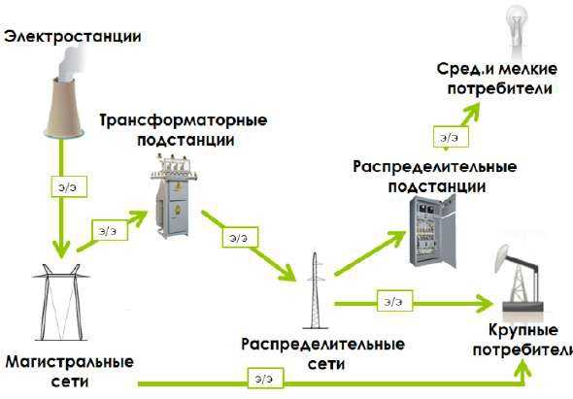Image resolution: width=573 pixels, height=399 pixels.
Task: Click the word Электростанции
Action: [73, 37]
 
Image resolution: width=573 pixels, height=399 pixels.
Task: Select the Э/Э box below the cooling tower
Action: [69, 187]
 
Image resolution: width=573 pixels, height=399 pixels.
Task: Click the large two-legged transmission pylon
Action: [61, 302]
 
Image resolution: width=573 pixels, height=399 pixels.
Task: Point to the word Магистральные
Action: [69, 362]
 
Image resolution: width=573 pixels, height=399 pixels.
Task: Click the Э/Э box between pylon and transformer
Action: [110, 230]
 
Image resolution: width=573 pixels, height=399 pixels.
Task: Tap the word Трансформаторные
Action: [184, 120]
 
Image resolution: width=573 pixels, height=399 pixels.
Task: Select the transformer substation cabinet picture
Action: [174, 196]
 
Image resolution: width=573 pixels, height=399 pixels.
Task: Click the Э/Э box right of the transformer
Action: [240, 237]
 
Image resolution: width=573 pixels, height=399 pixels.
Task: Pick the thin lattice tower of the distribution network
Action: [315, 290]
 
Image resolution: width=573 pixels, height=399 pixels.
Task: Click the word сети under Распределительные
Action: [326, 364]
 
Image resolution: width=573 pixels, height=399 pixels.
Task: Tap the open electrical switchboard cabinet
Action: [433, 231]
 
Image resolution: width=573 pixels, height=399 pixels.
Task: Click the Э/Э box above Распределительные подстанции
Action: [451, 137]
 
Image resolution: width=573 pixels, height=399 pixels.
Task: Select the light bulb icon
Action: [517, 32]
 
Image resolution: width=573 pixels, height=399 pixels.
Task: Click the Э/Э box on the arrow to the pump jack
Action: [395, 301]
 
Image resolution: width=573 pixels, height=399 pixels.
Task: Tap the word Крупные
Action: [523, 330]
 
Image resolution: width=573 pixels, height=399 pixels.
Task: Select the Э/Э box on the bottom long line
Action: [266, 379]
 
